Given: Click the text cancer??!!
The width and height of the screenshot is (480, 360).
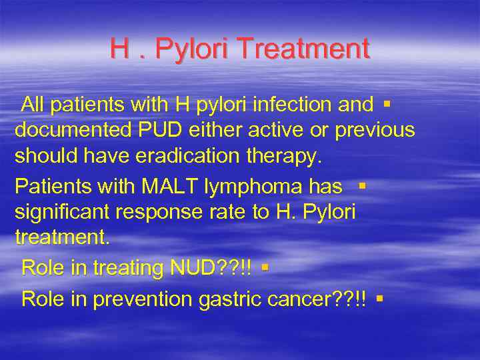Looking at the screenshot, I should tap(319, 299).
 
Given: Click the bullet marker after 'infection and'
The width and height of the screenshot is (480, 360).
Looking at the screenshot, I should tap(387, 103).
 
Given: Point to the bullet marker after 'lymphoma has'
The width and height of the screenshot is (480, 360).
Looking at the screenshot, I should tap(361, 185).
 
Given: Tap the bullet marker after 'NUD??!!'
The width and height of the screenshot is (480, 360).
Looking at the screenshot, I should tap(265, 268).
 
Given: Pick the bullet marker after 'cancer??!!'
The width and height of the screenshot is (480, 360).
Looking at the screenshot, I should tap(379, 299).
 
